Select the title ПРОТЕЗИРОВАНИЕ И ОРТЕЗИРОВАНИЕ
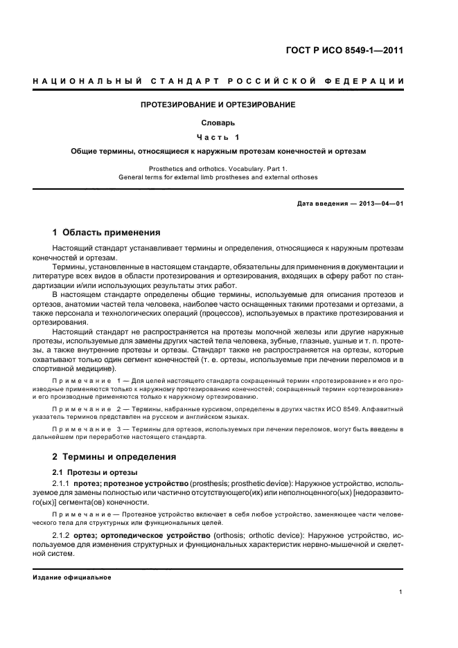pos(218,105)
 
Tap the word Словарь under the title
pos(218,123)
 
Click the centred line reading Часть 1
pos(218,136)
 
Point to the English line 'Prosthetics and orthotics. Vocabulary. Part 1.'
pos(218,168)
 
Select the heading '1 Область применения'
pos(107,233)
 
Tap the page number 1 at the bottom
pos(401,592)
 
